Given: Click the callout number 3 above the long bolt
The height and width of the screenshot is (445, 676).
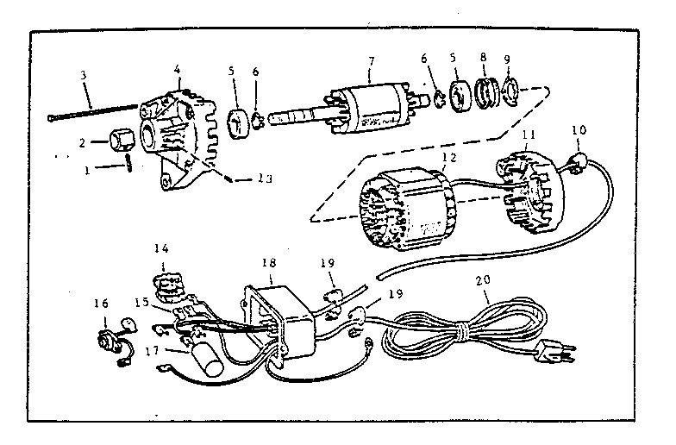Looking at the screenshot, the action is point(83,75).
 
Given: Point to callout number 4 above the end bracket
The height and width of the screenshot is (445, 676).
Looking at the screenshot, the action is point(178,69).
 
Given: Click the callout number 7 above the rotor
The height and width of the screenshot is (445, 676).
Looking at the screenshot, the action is point(371,61).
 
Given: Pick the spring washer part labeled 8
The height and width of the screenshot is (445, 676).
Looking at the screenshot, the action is point(486,93).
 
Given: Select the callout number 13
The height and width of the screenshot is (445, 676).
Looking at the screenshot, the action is point(264,178).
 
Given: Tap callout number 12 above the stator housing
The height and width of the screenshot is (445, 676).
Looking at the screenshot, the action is point(448,158).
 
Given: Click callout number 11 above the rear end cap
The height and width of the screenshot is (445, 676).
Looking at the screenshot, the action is point(529,135).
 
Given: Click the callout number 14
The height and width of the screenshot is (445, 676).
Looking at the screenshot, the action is point(161,248).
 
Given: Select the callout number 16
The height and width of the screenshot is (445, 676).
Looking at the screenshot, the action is point(102,304).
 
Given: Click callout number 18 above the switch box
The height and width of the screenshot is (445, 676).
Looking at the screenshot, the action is point(269,262).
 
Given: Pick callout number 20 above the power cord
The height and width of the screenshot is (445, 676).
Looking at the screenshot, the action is point(483,279).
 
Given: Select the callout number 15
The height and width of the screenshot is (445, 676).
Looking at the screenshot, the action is point(141,302).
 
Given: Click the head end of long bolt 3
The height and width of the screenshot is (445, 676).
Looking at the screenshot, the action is point(51,117).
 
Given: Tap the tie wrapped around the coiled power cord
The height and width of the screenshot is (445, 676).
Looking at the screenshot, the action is point(462,331).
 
